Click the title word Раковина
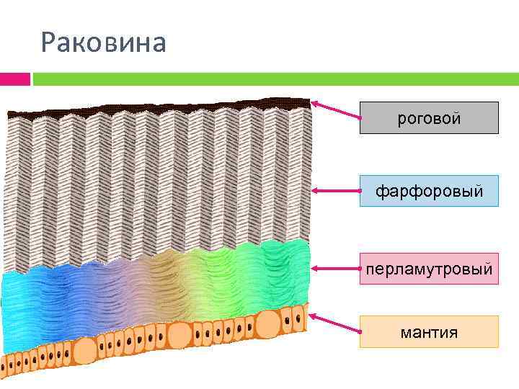click(104, 43)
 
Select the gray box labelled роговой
click(429, 118)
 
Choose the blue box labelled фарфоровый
click(429, 191)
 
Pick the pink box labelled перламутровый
click(429, 269)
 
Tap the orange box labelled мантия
click(429, 331)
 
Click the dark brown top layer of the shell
click(159, 107)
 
